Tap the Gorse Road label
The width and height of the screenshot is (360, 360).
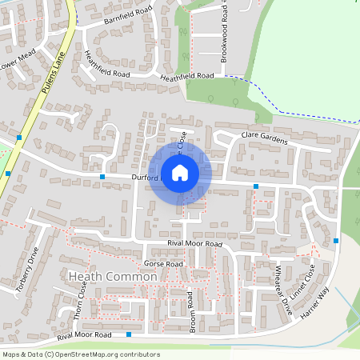(x=163, y=263)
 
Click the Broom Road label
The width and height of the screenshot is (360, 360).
(x=192, y=311)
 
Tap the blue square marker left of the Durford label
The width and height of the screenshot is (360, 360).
(x=102, y=176)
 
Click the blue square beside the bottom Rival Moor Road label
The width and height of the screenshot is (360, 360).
(x=128, y=334)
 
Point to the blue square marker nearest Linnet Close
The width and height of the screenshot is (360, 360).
(x=336, y=240)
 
